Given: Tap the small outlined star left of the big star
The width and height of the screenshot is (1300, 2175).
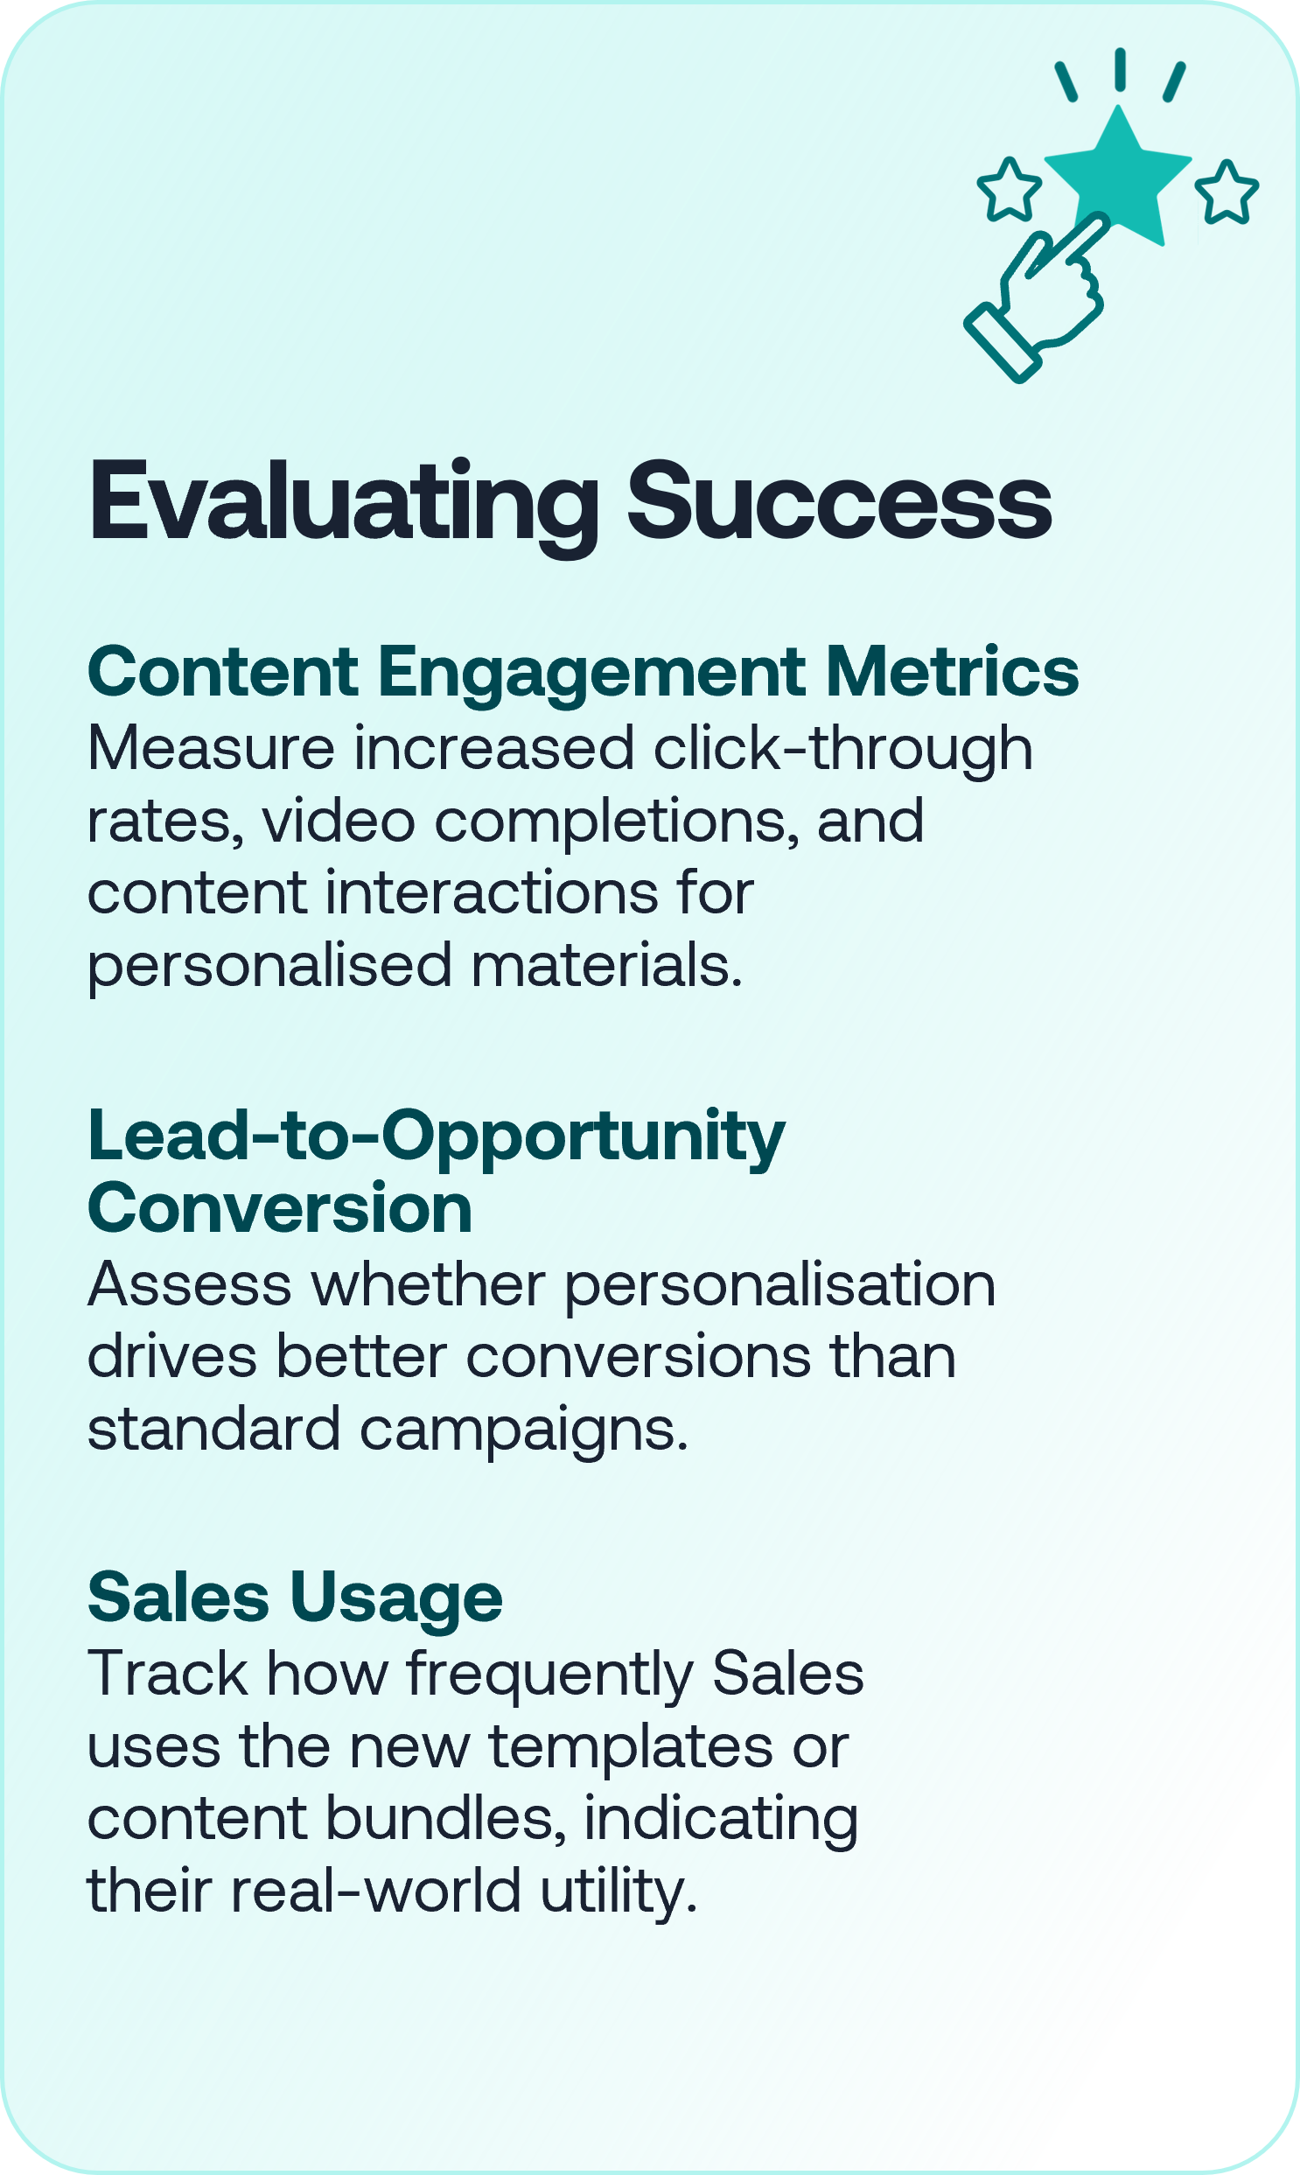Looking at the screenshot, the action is point(1010,189).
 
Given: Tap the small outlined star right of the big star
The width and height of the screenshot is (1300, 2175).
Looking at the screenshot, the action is point(1227,192).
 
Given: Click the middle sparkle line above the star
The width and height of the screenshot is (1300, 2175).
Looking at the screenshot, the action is point(1120,69).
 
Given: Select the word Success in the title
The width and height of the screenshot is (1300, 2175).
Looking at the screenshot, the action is point(839,503).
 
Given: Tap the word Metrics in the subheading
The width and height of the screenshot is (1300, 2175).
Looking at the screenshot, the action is point(952,672).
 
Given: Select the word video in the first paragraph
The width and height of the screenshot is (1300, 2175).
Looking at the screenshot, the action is point(339,822).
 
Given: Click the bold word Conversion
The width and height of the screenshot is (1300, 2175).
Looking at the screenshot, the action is point(280,1208).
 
